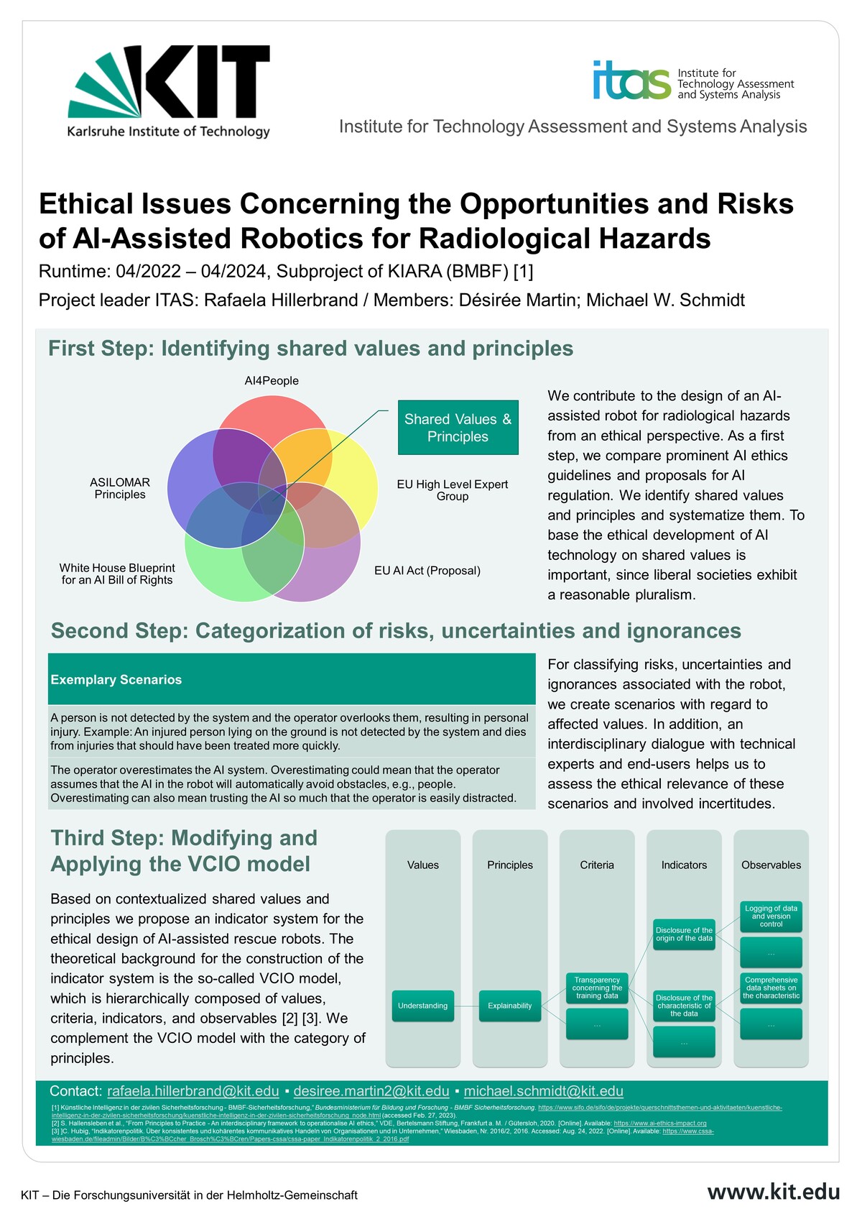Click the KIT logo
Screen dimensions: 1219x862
pos(170,90)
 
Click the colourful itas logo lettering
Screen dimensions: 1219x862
pos(631,80)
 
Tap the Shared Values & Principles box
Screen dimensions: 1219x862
pos(458,428)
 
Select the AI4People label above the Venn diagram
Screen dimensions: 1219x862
pos(272,381)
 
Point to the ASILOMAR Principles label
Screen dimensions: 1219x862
pos(120,488)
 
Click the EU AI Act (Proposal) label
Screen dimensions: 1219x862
pos(427,571)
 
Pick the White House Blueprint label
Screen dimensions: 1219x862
pos(117,574)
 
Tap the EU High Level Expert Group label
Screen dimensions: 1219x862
pos(453,490)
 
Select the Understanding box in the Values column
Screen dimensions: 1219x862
pos(422,1006)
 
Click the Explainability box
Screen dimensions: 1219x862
pos(510,1006)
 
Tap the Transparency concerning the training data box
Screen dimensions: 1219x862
pos(597,988)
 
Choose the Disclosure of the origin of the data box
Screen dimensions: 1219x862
pos(684,934)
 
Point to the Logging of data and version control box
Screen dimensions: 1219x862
pos(771,916)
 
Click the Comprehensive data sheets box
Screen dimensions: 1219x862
pos(771,988)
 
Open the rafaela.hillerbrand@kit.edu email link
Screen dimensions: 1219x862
pos(193,1091)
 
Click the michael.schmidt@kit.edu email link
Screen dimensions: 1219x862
pos(543,1091)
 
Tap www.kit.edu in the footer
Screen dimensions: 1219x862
pos(773,1192)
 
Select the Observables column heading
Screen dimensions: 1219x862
pos(771,865)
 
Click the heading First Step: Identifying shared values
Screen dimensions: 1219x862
pos(310,349)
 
